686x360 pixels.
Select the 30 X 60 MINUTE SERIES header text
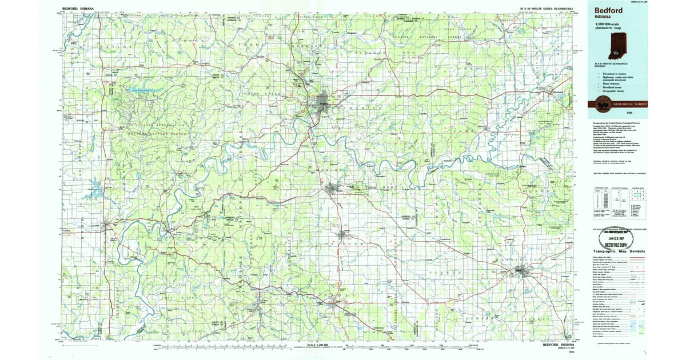pyautogui.click(x=549, y=9)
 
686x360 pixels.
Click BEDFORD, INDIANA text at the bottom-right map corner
pyautogui.click(x=557, y=346)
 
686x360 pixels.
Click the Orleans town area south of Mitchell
pyautogui.click(x=344, y=234)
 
